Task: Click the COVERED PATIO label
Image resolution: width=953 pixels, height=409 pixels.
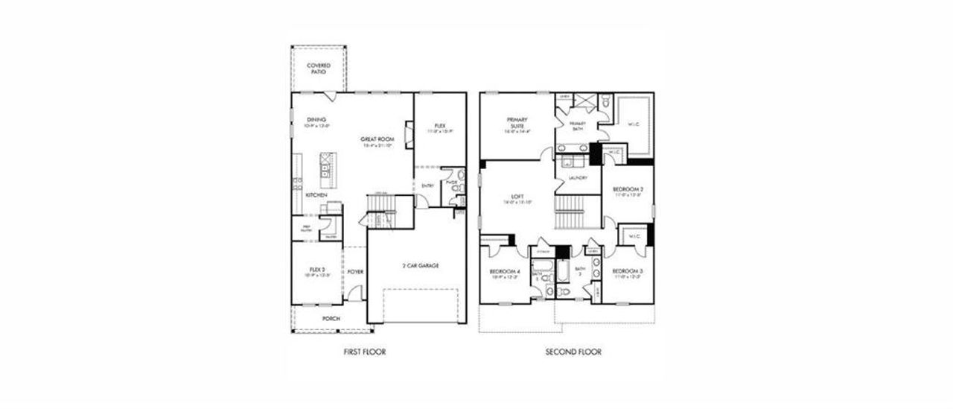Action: click(319, 69)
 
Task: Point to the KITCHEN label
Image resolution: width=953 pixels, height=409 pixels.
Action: click(316, 195)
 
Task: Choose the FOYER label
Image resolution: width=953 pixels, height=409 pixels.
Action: click(355, 272)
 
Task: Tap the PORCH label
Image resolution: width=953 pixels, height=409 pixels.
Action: click(331, 319)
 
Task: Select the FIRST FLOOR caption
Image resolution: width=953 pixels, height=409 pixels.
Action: click(364, 352)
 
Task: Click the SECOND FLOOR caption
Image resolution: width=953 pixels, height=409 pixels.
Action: click(573, 352)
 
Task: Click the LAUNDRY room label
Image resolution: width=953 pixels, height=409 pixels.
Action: click(578, 178)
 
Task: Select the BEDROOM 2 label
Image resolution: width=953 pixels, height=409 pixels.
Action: click(628, 189)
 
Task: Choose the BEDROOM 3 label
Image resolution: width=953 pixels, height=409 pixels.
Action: click(628, 270)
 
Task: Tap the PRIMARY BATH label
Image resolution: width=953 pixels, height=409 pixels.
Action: click(578, 125)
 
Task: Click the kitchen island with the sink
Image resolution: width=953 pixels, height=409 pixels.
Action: click(328, 170)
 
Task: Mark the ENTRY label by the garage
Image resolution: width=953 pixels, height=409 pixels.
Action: click(428, 186)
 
